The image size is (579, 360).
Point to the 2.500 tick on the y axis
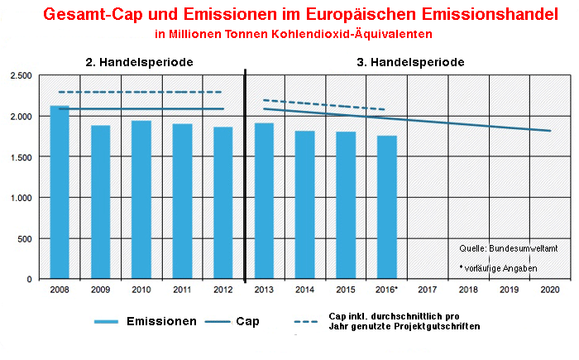click(19, 76)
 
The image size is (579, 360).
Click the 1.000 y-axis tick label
click(19, 198)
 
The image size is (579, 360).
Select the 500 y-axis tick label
click(24, 238)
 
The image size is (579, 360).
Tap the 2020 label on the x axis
click(550, 290)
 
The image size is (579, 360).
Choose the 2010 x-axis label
click(141, 290)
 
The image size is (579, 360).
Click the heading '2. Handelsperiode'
click(140, 62)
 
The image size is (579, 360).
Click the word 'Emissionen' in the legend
click(162, 321)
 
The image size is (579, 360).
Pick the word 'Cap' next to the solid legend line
click(246, 321)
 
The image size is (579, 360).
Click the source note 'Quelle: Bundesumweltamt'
click(509, 248)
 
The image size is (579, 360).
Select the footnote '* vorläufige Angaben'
click(497, 268)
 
